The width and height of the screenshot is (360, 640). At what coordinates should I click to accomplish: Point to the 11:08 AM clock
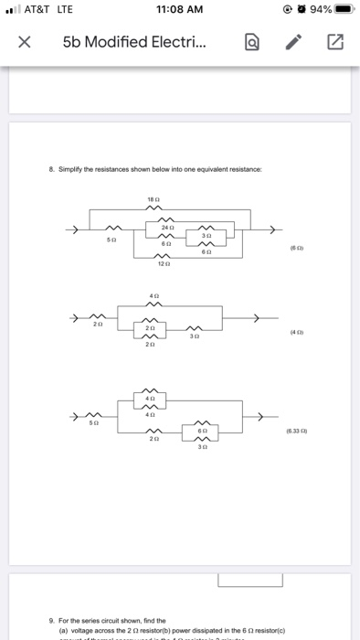pos(179,11)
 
